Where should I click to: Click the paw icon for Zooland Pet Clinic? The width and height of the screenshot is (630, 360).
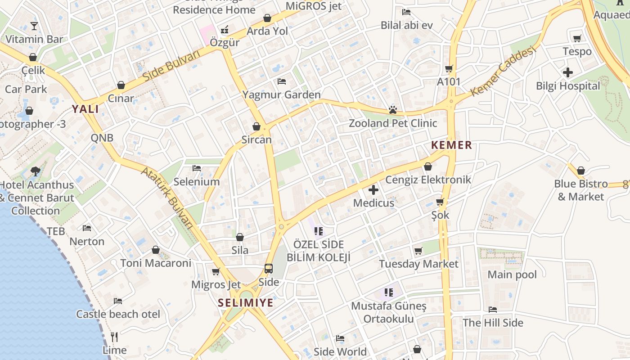coord(392,110)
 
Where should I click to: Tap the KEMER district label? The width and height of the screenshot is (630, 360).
coord(451,145)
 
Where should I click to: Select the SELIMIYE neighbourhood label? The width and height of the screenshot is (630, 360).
coord(246,303)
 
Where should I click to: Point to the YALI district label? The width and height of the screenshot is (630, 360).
coord(85,109)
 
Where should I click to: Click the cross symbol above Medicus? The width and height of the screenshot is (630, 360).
coord(373,190)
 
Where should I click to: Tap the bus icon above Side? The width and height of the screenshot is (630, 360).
coord(269,269)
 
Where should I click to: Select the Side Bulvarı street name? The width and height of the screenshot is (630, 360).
coord(171,66)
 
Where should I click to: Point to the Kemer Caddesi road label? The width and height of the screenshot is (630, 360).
coord(504,71)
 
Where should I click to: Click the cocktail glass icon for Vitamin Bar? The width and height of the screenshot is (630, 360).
coord(34,26)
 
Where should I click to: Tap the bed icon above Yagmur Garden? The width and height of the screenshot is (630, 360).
coord(282,81)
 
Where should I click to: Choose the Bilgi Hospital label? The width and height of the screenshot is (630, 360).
coord(568,85)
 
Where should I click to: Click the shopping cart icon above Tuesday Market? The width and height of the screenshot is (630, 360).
coord(418,251)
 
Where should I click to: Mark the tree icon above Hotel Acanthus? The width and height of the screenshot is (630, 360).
coord(36,171)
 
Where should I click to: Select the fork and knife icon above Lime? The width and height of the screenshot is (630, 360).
coord(114,337)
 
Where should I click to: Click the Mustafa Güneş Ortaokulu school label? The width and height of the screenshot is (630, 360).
coord(389,312)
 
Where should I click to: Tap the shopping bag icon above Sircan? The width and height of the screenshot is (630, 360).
coord(256,126)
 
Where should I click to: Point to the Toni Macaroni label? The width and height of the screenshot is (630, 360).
coord(156,263)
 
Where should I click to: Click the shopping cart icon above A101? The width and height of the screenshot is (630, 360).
coord(449,69)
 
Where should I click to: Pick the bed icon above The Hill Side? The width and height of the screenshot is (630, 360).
coord(493,310)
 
